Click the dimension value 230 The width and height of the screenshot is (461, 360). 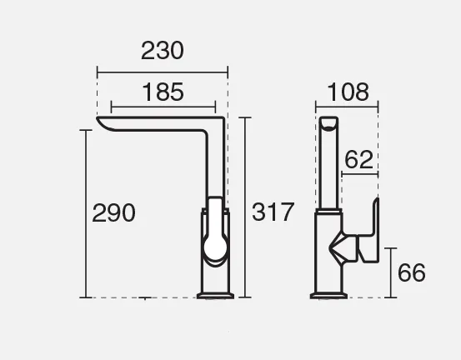(163, 51)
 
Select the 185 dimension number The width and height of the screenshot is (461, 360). (163, 92)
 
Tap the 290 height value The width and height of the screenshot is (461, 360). (113, 212)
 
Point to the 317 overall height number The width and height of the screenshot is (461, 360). (273, 212)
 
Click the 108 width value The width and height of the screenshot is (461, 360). (348, 92)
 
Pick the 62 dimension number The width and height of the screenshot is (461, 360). (358, 159)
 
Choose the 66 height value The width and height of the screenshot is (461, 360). (411, 272)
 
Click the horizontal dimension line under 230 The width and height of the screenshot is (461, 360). (163, 72)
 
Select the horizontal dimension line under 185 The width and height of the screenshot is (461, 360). (163, 107)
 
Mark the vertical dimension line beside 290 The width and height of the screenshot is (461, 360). (86, 213)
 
